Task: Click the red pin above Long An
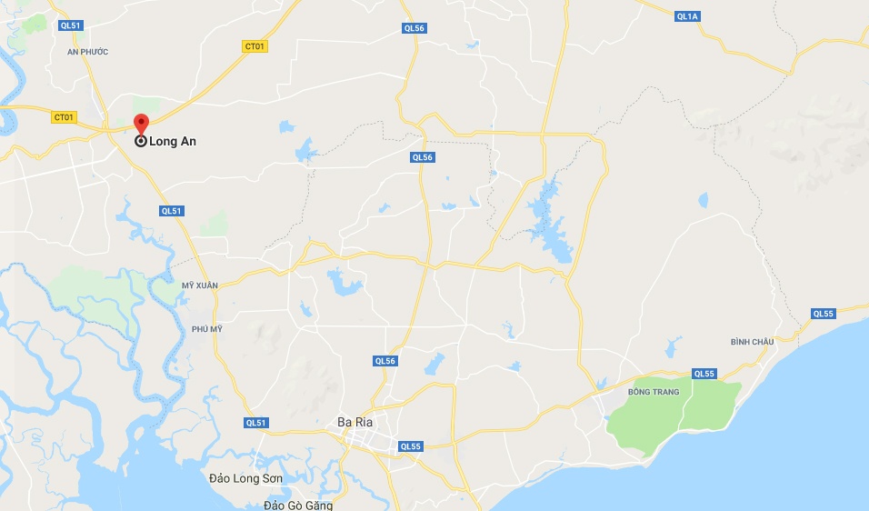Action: pos(141,125)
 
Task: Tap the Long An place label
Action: pos(173,142)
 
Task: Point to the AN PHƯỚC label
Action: pos(87,52)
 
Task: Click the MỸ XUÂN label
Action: pos(200,286)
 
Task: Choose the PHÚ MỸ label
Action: pos(206,329)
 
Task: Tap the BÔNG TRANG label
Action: pos(653,392)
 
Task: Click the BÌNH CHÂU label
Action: pos(752,342)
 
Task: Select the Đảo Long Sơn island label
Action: pos(245,478)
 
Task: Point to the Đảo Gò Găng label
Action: pos(297,505)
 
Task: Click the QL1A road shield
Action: pos(687,16)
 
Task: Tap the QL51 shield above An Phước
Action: pos(71,25)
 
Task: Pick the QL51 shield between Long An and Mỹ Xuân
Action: pos(171,211)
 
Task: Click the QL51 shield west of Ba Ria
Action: pos(256,423)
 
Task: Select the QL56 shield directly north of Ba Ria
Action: pos(385,361)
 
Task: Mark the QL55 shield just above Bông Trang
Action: pos(704,374)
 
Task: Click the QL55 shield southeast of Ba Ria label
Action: pos(411,446)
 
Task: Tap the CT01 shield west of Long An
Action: pos(64,117)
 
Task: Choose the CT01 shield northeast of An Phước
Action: pos(255,46)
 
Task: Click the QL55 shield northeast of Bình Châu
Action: pos(823,314)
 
